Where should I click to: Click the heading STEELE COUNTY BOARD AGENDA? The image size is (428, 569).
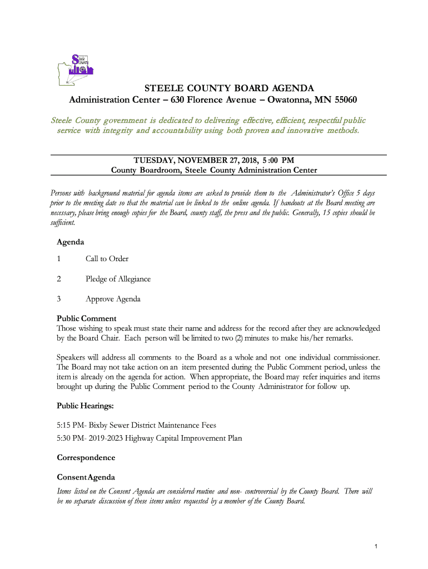point(229,88)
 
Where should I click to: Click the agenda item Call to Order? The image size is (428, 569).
point(107,259)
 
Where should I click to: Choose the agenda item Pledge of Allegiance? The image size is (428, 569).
point(118,279)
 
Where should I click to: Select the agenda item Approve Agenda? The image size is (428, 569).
point(113,299)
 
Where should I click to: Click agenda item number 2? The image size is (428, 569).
point(59,279)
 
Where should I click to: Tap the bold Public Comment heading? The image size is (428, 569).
point(87,318)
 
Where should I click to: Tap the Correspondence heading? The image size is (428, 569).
point(86,457)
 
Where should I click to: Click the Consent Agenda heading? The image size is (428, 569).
point(86,477)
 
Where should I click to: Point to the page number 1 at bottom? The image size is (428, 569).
point(376,547)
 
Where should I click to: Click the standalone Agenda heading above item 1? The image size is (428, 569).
point(71,242)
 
